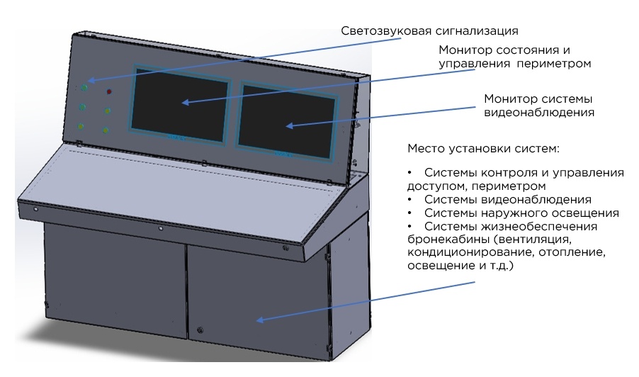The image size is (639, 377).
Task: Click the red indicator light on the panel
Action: tap(109, 92)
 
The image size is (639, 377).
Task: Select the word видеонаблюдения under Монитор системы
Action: tap(538, 112)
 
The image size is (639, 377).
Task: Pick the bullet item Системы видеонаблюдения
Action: tap(507, 200)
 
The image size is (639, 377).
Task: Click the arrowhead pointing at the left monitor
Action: tap(185, 103)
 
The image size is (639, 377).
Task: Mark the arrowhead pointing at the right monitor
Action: tap(289, 126)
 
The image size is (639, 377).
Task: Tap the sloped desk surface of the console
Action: tap(177, 188)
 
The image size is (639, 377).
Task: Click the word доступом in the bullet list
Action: tap(431, 186)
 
